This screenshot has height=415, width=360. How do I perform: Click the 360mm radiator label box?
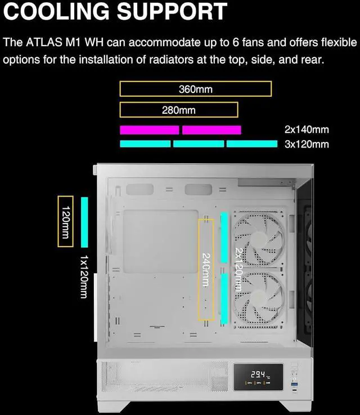click(195, 89)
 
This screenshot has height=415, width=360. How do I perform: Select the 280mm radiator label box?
click(179, 110)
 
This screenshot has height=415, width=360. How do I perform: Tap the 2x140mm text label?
click(307, 130)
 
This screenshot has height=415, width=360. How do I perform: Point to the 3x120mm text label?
click(307, 144)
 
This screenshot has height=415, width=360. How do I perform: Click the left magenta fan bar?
click(149, 130)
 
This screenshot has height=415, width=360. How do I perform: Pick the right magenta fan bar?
click(211, 130)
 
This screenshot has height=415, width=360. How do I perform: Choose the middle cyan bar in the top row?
click(198, 144)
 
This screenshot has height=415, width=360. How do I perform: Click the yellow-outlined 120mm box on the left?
click(65, 221)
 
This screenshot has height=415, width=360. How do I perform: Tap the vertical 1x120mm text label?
click(84, 276)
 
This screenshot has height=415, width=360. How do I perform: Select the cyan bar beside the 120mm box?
click(85, 222)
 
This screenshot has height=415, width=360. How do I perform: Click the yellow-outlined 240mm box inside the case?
click(206, 270)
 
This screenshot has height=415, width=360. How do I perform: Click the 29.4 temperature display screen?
click(259, 377)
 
